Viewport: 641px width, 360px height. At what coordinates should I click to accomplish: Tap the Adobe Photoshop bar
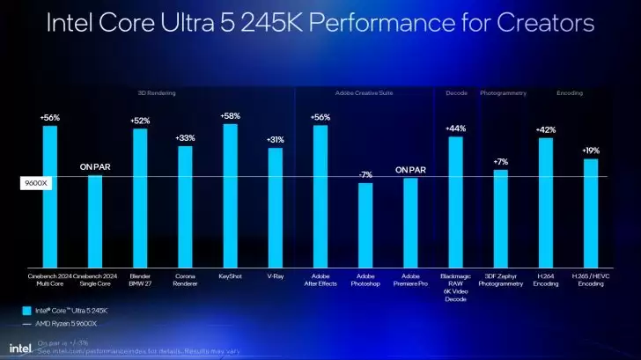click(365, 225)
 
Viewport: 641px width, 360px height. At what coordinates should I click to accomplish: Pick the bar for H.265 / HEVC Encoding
click(591, 213)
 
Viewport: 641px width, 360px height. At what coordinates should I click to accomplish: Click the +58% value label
click(230, 116)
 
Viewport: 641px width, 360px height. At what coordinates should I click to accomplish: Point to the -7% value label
click(365, 175)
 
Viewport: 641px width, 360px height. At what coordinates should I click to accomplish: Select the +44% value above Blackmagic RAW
click(455, 129)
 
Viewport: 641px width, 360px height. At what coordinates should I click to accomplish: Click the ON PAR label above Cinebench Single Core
click(95, 166)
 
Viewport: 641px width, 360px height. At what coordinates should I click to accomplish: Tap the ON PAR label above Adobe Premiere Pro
click(410, 170)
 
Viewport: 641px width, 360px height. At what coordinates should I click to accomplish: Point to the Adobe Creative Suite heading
click(365, 92)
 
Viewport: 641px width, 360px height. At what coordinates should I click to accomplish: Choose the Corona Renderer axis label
click(185, 280)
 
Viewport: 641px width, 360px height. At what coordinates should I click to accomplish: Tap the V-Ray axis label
click(276, 276)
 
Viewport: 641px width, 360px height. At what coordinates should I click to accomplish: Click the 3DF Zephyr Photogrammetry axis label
click(501, 280)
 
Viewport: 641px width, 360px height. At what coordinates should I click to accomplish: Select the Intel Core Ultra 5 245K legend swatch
click(26, 310)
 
